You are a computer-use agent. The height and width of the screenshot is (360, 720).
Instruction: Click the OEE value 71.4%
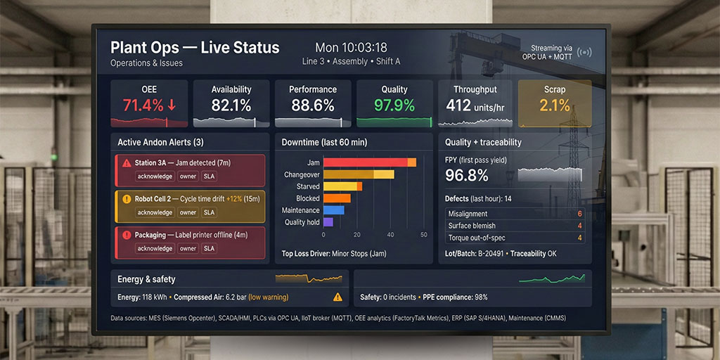143,105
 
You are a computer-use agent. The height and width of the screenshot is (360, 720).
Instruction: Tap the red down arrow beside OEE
172,105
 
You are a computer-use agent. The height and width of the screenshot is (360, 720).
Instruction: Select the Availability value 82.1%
231,105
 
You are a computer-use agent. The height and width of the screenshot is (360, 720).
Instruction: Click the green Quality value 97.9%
394,105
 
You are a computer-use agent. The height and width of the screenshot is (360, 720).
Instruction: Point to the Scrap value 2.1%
555,105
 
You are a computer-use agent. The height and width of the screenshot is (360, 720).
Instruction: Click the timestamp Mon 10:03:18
351,48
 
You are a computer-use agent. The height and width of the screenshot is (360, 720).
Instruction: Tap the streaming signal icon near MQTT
584,52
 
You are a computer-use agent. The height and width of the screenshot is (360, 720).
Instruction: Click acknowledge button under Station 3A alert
155,176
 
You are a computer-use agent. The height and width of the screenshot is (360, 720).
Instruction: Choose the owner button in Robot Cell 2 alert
188,212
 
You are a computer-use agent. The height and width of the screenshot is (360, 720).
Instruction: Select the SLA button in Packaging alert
209,248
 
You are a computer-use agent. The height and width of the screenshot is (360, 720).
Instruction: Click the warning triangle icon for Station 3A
127,163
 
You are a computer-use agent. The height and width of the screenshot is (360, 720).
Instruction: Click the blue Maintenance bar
333,210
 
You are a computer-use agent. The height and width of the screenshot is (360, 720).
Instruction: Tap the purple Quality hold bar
328,222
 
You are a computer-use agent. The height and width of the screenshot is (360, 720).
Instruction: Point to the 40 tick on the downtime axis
390,234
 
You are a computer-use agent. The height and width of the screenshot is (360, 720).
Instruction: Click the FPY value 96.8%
467,175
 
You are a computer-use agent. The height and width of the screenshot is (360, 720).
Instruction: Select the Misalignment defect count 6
579,214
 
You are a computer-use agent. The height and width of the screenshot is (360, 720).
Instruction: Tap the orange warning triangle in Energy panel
338,297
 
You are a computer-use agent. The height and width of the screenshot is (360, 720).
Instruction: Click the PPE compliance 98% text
455,297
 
